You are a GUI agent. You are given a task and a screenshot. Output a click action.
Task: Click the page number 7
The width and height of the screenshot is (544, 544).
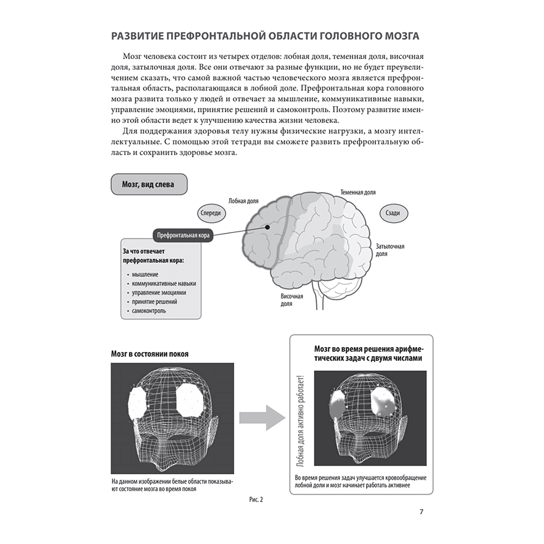[422, 511]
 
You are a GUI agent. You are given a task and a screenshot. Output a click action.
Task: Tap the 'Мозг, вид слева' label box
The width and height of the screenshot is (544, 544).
[149, 184]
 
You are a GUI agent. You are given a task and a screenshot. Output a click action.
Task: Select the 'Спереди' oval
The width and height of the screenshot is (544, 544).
[211, 213]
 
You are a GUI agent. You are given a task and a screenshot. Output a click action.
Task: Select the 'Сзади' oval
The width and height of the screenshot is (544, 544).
[393, 214]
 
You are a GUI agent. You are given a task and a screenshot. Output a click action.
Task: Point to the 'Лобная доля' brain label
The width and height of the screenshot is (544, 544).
[242, 200]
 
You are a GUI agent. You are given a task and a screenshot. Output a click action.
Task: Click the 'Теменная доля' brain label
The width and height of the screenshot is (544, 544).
[357, 193]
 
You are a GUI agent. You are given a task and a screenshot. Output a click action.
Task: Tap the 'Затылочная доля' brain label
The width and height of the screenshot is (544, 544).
[390, 250]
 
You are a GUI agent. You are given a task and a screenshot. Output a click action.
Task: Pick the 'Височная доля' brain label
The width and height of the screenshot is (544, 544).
[292, 300]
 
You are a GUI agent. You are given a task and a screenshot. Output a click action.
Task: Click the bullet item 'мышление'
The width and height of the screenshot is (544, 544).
[145, 275]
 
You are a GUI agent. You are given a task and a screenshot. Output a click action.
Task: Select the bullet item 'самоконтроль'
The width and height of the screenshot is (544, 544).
[149, 311]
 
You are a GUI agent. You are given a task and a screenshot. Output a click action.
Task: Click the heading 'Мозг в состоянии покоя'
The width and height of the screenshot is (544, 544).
[150, 354]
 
